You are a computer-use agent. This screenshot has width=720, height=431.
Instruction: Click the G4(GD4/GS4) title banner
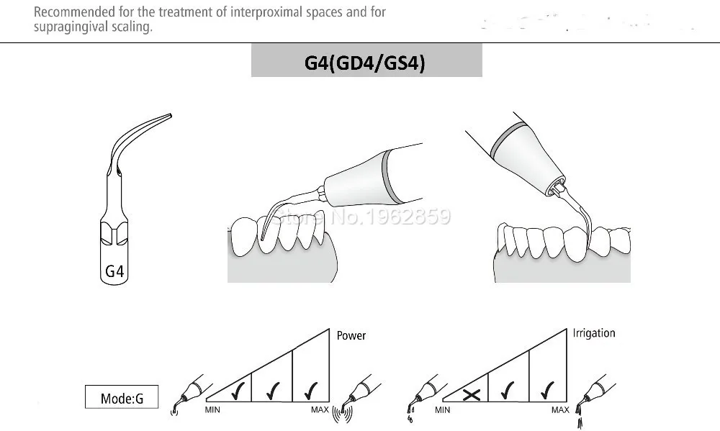point(366,63)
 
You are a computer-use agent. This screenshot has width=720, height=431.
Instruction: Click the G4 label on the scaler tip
point(115,271)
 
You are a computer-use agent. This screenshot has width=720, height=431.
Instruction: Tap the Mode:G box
point(121,398)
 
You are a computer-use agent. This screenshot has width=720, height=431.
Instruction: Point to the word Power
point(351,335)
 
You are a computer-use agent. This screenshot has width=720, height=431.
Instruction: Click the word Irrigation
point(594,333)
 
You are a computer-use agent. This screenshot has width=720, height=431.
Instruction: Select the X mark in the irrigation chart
point(472,394)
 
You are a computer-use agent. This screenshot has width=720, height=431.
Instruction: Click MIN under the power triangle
point(212,410)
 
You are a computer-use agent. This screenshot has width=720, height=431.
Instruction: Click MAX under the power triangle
point(320,410)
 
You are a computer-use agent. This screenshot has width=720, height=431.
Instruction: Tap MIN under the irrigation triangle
point(443,410)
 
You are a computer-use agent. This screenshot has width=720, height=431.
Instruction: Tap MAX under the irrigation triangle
point(559,410)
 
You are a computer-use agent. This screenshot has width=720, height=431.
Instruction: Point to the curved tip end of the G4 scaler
point(170,115)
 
